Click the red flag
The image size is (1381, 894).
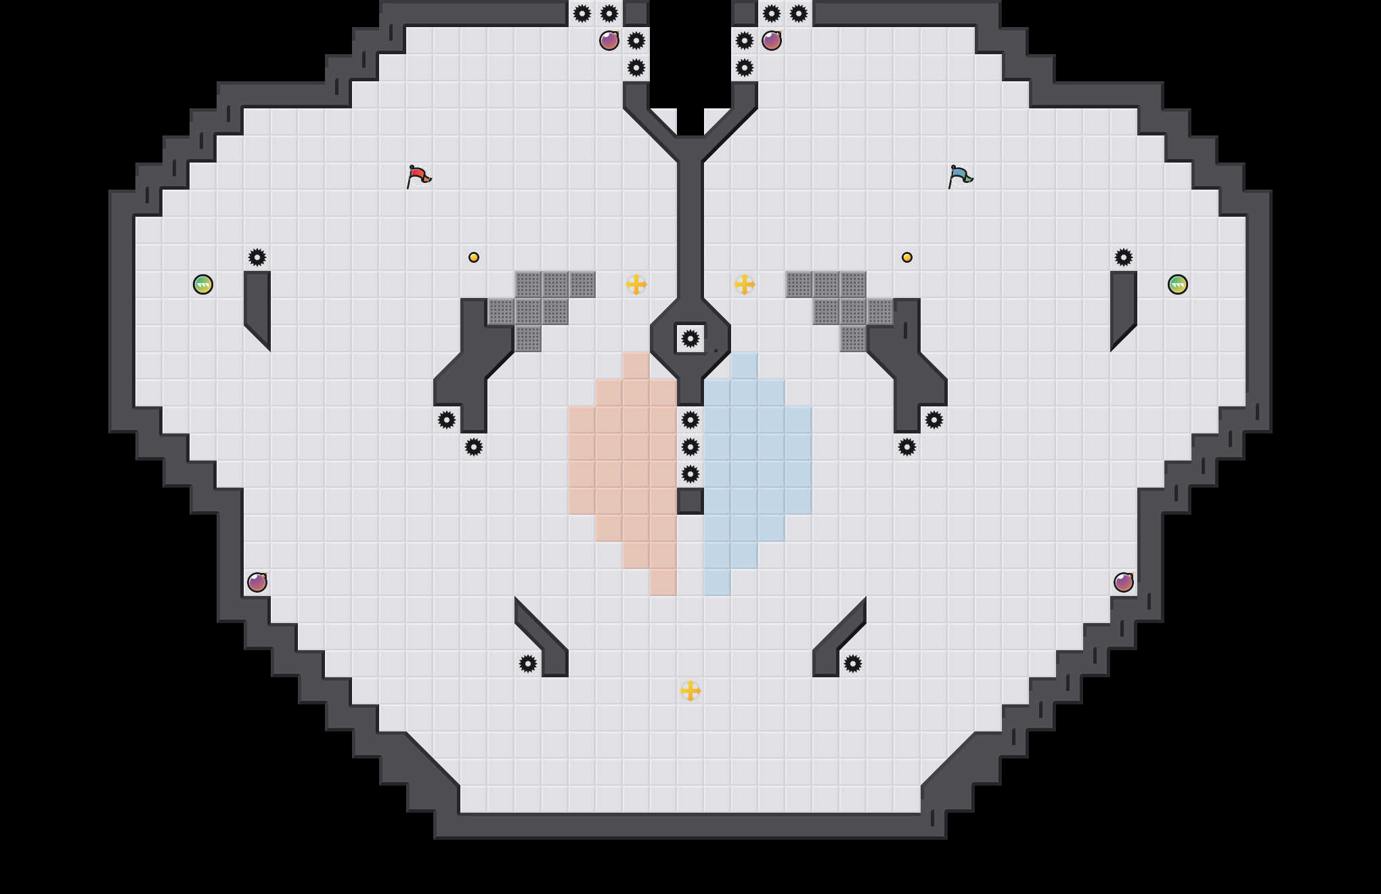coord(418,176)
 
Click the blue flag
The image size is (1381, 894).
coord(960,176)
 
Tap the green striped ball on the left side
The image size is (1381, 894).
coord(203,284)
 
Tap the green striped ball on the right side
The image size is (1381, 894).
coord(1178,284)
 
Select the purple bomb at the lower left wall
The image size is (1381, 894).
coord(257,582)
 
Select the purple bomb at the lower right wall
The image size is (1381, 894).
coord(1124,582)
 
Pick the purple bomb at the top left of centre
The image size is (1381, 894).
coord(609,41)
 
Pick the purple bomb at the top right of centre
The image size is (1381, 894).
coord(772,41)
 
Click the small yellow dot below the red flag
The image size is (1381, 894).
coord(474,257)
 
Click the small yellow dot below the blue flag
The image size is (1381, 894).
coord(907,257)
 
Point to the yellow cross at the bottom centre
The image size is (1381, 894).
coord(690,691)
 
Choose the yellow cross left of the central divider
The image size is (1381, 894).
coord(636,284)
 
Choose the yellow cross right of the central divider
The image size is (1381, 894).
coord(745,284)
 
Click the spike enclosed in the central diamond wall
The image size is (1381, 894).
coord(690,339)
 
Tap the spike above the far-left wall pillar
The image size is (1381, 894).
coord(257,257)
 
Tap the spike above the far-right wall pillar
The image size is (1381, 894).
coord(1124,257)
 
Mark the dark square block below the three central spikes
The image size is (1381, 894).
coord(690,501)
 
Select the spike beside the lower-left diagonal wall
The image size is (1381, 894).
coord(528,664)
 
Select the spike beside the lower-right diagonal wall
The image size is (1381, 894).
coord(853,664)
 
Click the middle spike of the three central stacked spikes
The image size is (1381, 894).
coord(690,447)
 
